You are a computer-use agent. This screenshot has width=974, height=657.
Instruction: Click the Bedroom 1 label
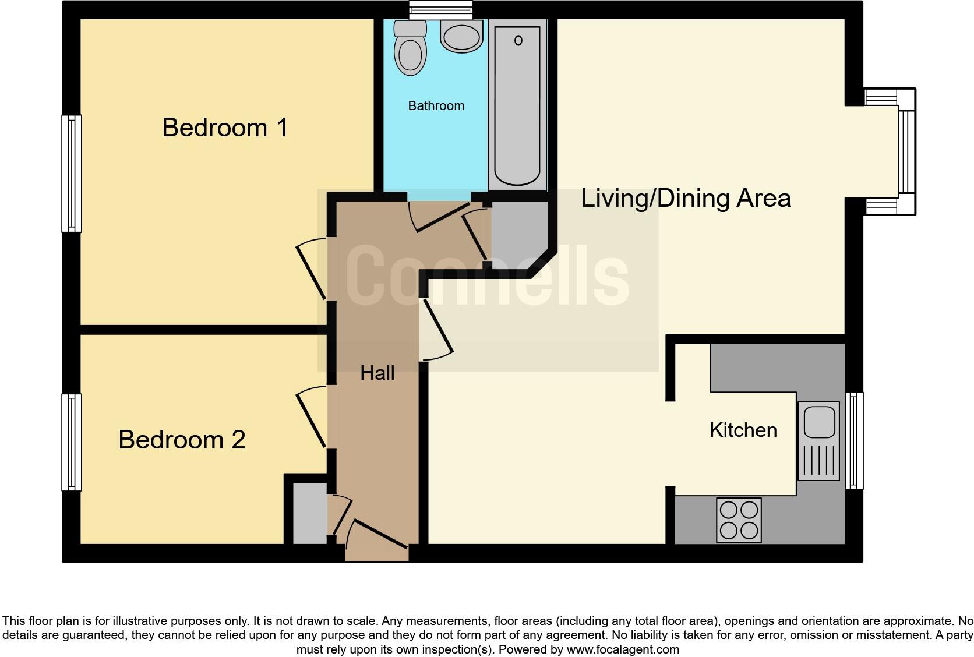tap(225, 128)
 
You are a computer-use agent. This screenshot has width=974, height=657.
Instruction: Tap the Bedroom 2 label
tap(182, 440)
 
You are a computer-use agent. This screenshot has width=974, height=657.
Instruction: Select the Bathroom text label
tap(436, 106)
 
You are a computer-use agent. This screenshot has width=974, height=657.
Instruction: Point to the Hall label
tap(377, 373)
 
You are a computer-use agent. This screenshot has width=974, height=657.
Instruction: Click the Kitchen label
tap(743, 430)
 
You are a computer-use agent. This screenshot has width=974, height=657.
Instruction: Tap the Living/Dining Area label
tap(686, 199)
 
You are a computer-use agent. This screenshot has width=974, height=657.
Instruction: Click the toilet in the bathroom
tap(410, 49)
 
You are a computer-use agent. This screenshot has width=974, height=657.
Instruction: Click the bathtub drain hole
tap(518, 40)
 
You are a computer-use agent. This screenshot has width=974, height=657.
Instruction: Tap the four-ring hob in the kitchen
tap(739, 520)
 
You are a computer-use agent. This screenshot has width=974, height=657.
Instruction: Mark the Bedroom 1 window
tap(72, 173)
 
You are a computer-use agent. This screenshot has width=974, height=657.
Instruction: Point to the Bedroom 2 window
tap(72, 442)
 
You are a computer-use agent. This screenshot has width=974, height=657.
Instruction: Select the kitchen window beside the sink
tap(853, 440)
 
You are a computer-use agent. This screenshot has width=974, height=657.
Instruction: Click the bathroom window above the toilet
tap(440, 9)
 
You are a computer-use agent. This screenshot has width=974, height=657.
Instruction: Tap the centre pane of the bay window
tap(907, 151)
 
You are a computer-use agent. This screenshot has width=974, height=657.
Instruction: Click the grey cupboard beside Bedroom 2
tap(309, 513)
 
